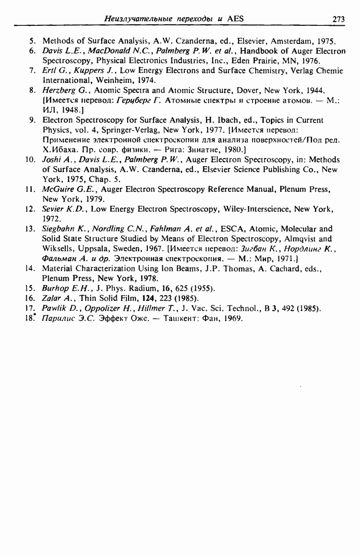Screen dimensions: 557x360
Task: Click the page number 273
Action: pyautogui.click(x=338, y=19)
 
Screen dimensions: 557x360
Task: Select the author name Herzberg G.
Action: pyautogui.click(x=61, y=90)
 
